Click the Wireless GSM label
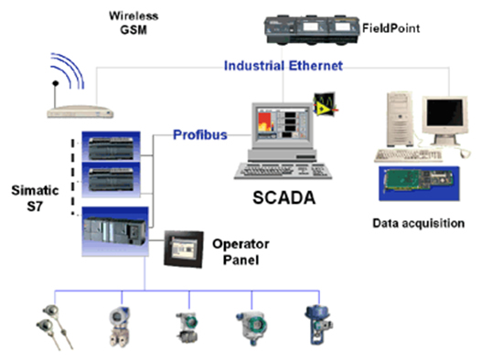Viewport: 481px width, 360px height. coord(134,23)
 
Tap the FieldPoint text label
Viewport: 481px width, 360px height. coord(390,28)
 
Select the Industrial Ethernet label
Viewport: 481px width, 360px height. coord(283,66)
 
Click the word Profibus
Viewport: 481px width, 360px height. coord(200,135)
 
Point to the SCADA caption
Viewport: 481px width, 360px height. coord(284,197)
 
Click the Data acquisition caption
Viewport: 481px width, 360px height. coord(419,223)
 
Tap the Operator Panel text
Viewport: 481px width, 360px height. coord(240,252)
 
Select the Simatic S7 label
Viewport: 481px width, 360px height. coord(35,198)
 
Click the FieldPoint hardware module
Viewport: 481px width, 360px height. coord(312,30)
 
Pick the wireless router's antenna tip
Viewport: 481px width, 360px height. coord(56,83)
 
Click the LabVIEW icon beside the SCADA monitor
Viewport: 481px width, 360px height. coord(326,104)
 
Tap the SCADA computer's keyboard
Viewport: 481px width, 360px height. coord(283,171)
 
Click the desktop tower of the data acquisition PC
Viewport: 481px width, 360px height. coord(400,119)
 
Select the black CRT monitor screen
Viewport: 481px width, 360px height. coord(444,113)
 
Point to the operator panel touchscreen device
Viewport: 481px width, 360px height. coord(184,249)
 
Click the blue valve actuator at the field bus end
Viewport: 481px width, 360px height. coord(319,324)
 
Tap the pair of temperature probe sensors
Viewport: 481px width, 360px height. coord(55,327)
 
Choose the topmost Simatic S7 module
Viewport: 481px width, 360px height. coord(111,146)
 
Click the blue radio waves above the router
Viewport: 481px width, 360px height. coord(68,71)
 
